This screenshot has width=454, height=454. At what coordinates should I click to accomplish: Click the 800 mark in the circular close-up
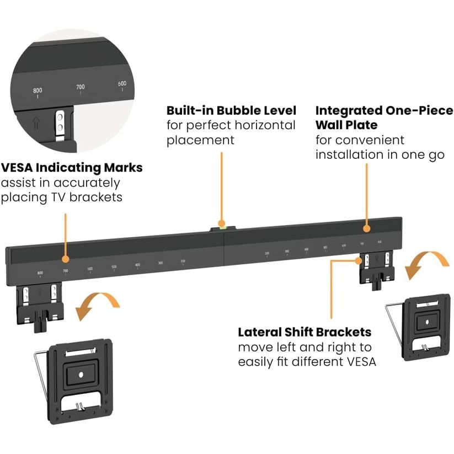coord(38,90)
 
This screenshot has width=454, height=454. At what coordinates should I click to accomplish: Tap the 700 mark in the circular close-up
coord(81,87)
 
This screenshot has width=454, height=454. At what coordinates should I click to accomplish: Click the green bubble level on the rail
coord(221,225)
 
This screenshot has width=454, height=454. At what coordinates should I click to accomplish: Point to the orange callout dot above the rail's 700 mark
coord(65,259)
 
